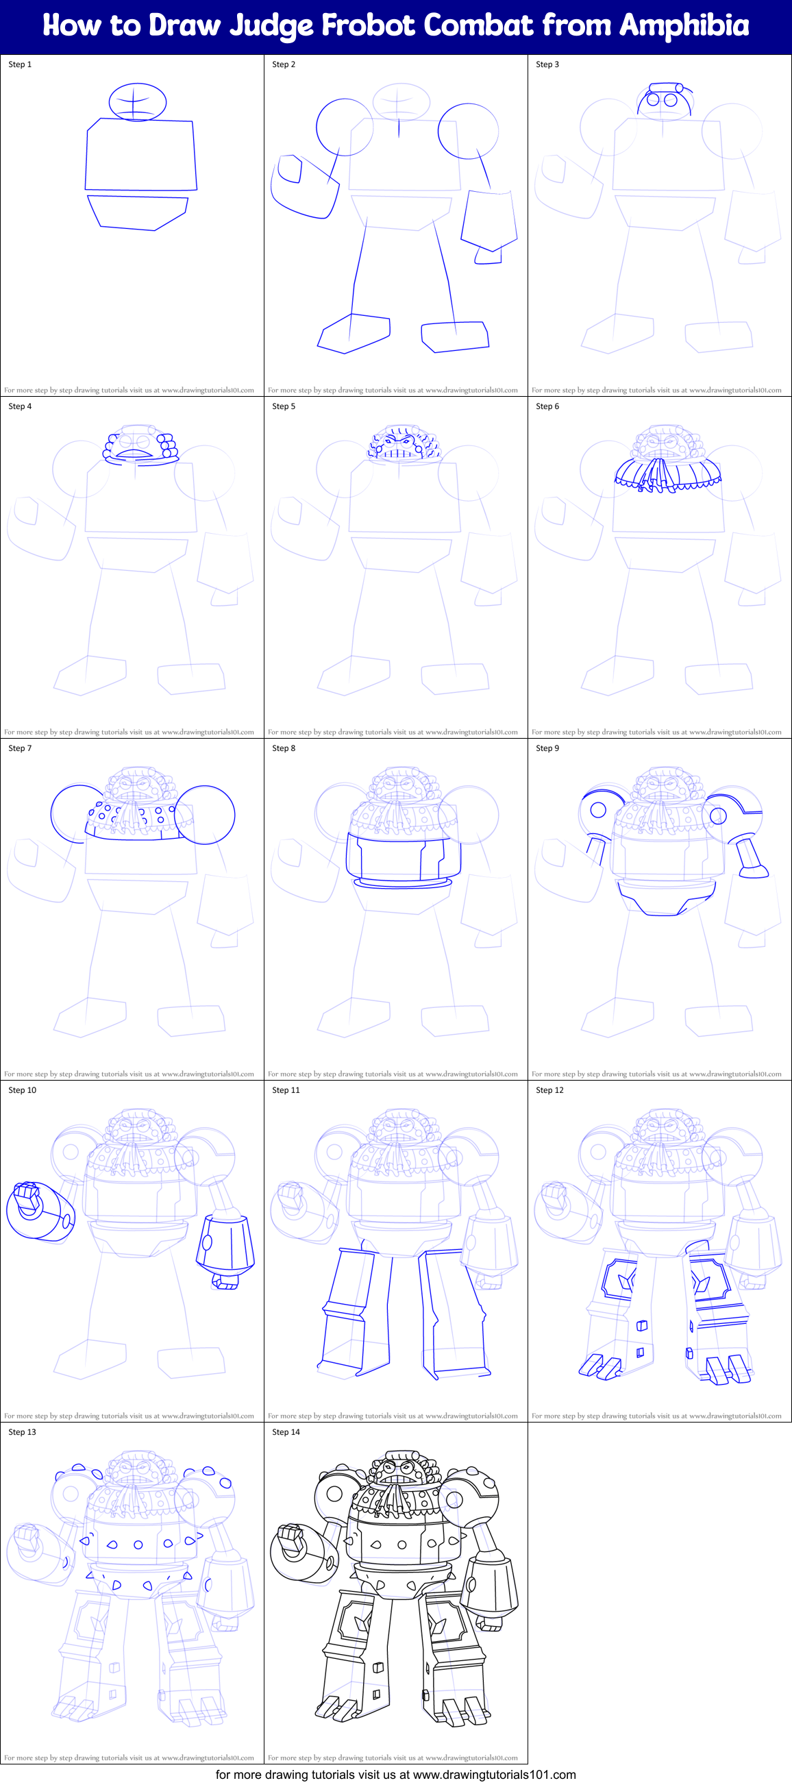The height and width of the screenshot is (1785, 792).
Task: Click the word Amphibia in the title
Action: click(x=684, y=25)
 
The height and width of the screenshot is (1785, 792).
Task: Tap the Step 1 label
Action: click(x=20, y=64)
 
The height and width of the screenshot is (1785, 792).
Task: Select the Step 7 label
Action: click(x=20, y=748)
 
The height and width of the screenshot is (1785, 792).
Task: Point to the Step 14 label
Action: click(x=286, y=1432)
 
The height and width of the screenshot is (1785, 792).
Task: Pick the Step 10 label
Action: click(x=22, y=1090)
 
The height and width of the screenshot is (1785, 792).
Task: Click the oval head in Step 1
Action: click(x=138, y=102)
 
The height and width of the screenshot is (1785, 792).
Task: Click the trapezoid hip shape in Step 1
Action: click(x=138, y=212)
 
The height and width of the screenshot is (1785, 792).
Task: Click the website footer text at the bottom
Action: click(x=395, y=1775)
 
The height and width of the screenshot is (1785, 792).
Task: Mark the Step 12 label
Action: click(x=549, y=1090)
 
